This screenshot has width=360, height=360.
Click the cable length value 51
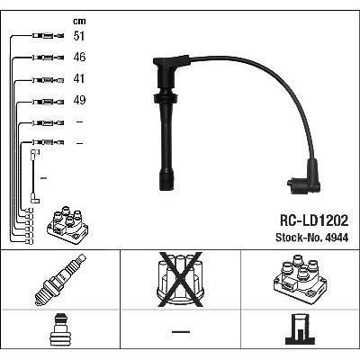coord(79,36)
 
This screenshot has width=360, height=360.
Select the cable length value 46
coord(79,58)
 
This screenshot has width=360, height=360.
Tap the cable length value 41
coord(79,79)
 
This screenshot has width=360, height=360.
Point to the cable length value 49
coord(79,100)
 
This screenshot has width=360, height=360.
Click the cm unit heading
coord(79,21)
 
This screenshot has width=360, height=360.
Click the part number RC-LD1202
coord(314,220)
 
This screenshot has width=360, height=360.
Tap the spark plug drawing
coord(60,280)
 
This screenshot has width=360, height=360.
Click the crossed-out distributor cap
coord(180,280)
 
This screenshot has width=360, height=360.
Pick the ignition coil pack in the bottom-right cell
coord(301,279)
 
